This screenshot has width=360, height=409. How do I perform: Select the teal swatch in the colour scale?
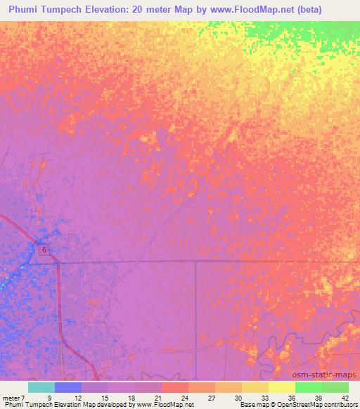pos(41,387)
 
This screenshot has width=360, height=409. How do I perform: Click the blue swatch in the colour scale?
pos(68,387)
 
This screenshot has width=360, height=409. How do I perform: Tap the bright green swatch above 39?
pos(308,387)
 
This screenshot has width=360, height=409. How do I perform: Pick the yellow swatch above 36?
pos(281,387)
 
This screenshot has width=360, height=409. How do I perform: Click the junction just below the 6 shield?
pos(58,262)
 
